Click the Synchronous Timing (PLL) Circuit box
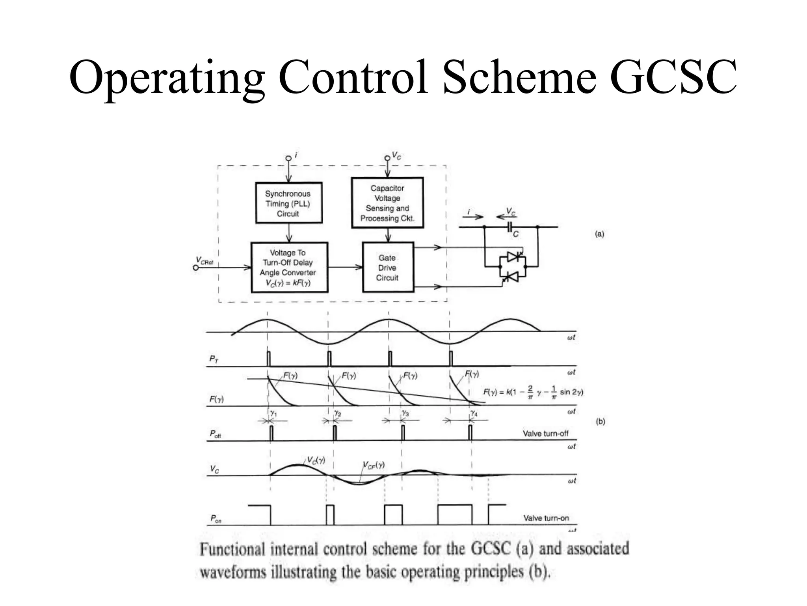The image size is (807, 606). [x=288, y=203]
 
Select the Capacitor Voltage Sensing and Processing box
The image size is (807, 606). [x=387, y=203]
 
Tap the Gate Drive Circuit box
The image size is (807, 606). [x=388, y=267]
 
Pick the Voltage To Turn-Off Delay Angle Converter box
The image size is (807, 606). [x=289, y=267]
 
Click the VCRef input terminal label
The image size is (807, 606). [x=205, y=261]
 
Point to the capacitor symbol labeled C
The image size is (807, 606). [x=510, y=227]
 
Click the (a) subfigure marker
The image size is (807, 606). [x=599, y=234]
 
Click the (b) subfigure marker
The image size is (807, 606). [x=600, y=421]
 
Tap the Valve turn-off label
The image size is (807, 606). [x=545, y=434]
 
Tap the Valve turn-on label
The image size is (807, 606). [x=546, y=518]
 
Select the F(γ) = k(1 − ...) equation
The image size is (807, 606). [x=533, y=392]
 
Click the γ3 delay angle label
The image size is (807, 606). [x=405, y=413]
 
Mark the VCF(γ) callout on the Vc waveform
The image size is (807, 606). [x=373, y=465]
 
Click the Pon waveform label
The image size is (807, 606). [x=216, y=519]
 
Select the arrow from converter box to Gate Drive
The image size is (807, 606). [x=345, y=267]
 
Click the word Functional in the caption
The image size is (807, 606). [x=232, y=550]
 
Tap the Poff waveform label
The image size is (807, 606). [x=215, y=434]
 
